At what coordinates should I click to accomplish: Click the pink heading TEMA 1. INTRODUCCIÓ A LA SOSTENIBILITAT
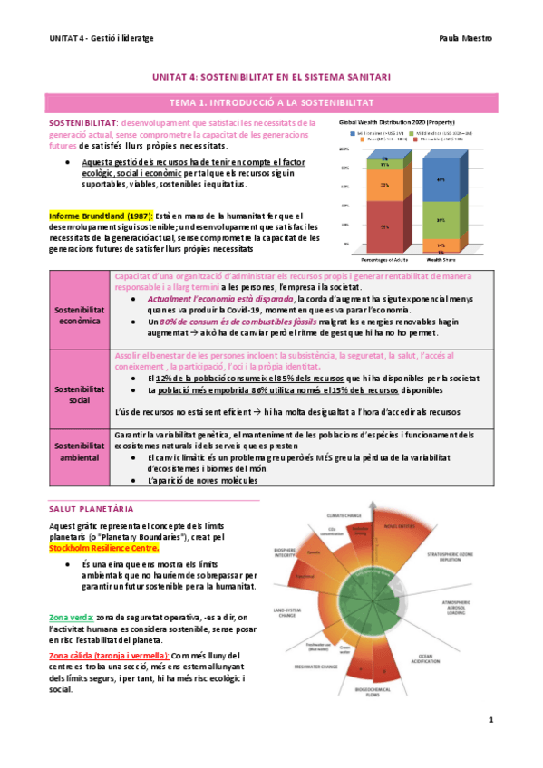(272, 104)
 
